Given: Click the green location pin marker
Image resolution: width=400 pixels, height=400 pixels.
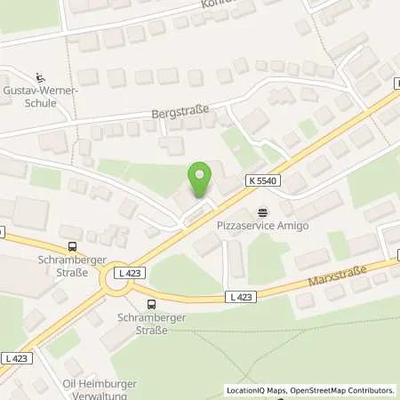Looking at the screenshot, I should click(200, 178).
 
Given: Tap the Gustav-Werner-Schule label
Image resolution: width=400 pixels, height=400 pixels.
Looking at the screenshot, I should click(41, 97).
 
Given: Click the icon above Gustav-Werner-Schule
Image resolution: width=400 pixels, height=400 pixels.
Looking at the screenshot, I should click(40, 76).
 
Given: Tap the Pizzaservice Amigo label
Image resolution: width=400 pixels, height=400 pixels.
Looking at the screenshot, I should click(263, 226).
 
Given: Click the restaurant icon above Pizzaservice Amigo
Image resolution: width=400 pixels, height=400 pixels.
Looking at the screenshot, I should click(262, 212).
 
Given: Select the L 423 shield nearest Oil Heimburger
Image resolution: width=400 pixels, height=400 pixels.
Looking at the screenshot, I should click(15, 357).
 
